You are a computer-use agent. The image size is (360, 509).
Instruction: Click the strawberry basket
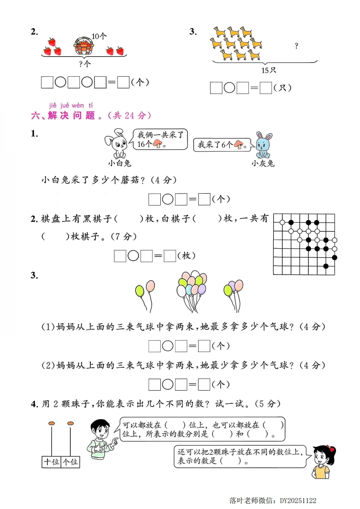tap(84, 46)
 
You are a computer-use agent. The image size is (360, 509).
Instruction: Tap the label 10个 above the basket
tap(99, 36)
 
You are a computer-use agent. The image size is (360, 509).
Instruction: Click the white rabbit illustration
tap(117, 141)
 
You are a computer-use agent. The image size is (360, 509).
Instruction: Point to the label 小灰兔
tap(263, 163)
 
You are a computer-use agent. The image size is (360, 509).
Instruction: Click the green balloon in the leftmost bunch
tap(140, 290)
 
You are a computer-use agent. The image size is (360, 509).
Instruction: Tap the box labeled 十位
tap(51, 461)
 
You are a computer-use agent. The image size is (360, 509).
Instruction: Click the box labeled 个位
tap(70, 461)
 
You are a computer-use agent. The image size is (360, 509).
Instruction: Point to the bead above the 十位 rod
tap(51, 424)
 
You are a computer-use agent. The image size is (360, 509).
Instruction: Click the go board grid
tap(305, 244)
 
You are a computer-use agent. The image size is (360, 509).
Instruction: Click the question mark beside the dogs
tap(296, 45)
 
